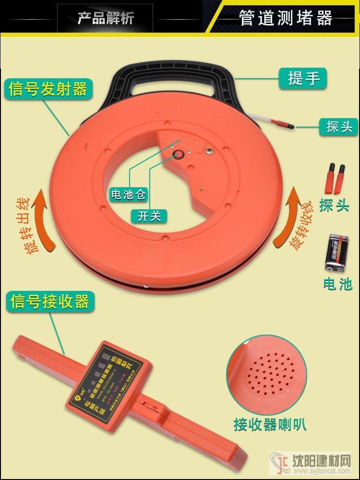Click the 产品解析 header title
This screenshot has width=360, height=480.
pyautogui.click(x=106, y=18)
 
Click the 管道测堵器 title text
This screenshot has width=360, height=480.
pyautogui.click(x=286, y=18)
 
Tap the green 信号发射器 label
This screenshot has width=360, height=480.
pyautogui.click(x=48, y=89)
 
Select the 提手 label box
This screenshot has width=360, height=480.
pyautogui.click(x=303, y=78)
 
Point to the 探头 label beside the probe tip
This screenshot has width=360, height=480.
pyautogui.click(x=339, y=127)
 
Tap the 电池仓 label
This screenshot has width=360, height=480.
pyautogui.click(x=128, y=194)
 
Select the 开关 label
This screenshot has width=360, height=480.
pyautogui.click(x=149, y=216)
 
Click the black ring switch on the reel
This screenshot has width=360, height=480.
pyautogui.click(x=180, y=154)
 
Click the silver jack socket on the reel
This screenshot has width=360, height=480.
pyautogui.click(x=210, y=152)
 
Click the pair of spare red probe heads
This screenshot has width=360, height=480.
pyautogui.click(x=336, y=177)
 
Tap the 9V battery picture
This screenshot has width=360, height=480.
pyautogui.click(x=338, y=253)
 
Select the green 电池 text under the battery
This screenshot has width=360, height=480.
pyautogui.click(x=338, y=284)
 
